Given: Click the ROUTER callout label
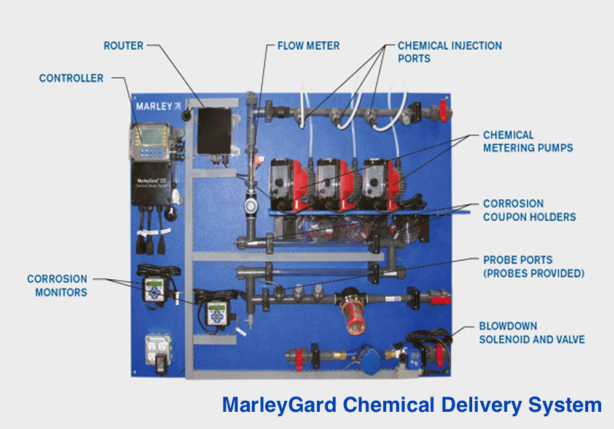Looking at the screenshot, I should tap(124, 46).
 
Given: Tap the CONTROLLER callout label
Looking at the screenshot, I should tap(71, 78).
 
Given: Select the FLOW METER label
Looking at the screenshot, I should tap(308, 46).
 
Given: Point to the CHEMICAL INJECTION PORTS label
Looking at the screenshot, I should tap(449, 52).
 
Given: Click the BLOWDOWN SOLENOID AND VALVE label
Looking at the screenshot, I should tap(532, 333).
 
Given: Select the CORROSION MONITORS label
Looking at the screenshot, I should tap(57, 286).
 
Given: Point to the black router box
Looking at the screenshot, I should tap(217, 130).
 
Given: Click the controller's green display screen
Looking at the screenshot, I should tap(150, 135).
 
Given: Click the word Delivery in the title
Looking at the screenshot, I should tap(470, 405).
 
